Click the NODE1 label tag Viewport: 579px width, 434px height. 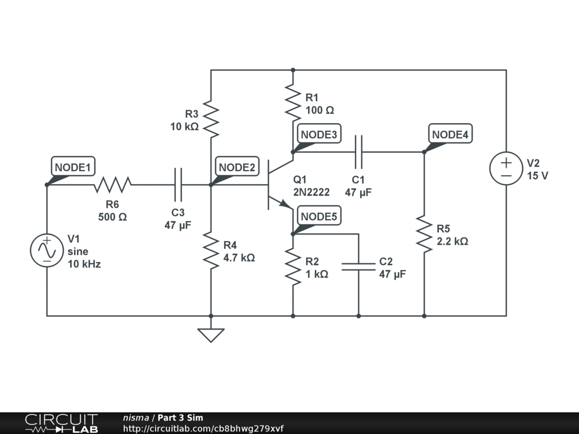(x=73, y=167)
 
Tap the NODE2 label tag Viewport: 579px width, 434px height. (x=237, y=167)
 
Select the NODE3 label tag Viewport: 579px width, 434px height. (x=319, y=134)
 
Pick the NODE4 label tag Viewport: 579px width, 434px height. (x=450, y=134)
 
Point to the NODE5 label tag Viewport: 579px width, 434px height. (x=319, y=216)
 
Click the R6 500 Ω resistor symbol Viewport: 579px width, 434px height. (x=113, y=184)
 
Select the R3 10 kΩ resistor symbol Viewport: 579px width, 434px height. (x=210, y=119)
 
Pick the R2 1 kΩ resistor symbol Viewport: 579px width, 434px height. (x=293, y=268)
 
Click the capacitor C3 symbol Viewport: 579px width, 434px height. (x=178, y=184)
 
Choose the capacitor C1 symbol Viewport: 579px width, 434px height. (x=358, y=151)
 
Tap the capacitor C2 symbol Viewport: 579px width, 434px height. (x=358, y=267)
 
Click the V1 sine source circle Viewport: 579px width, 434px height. (x=47, y=250)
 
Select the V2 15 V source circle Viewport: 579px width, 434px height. (x=506, y=168)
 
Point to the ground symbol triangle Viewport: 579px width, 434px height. (x=210, y=335)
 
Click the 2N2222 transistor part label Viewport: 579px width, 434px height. (x=311, y=192)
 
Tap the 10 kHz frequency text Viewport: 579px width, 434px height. (x=84, y=264)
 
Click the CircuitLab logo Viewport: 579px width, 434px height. (x=61, y=423)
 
